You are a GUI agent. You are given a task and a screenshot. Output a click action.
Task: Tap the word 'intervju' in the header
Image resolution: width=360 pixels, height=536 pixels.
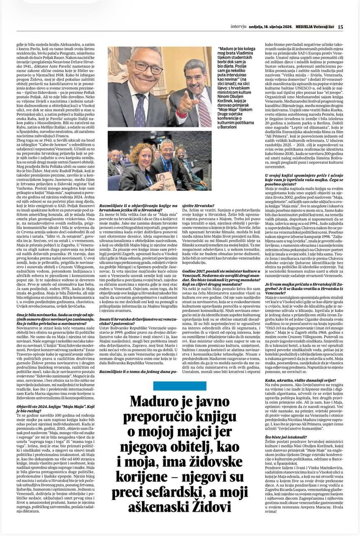239,27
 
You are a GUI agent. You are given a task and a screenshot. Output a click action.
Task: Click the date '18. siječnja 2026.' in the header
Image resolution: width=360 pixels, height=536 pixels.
274,27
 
